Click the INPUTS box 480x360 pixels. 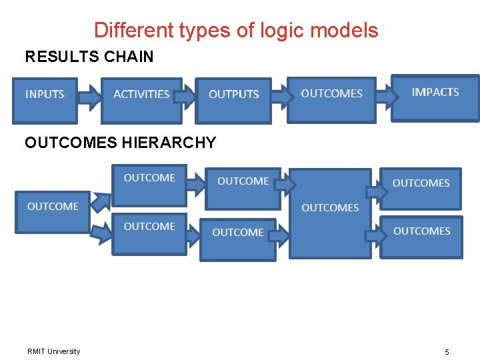(45, 101)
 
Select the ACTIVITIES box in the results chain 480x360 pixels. (141, 101)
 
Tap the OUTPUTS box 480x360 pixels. (233, 101)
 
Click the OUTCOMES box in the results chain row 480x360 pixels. (331, 99)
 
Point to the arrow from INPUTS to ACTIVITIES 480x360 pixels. (89, 99)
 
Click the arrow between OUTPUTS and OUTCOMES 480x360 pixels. (280, 97)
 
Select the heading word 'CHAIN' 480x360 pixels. (129, 57)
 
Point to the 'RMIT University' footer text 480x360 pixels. (54, 351)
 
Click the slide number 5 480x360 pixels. (447, 351)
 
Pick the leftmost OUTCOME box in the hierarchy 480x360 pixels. (53, 211)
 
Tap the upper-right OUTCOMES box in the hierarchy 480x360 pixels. (421, 188)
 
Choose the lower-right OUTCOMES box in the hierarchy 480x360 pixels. (421, 236)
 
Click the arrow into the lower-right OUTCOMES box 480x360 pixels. (374, 235)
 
